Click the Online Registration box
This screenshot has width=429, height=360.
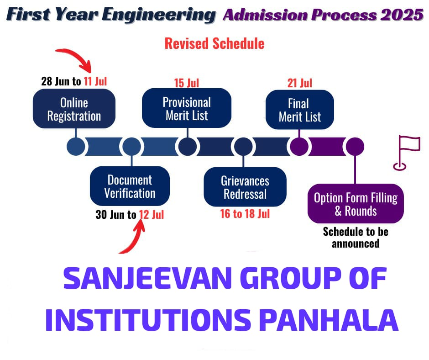[x=74, y=109]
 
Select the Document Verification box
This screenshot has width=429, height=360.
[x=130, y=186]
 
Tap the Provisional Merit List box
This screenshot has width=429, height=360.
[x=187, y=108]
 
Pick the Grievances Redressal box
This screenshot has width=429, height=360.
[x=245, y=187]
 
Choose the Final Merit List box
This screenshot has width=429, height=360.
[x=299, y=110]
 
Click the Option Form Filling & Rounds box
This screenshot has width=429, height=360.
[x=356, y=204]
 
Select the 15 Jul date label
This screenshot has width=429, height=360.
[x=187, y=83]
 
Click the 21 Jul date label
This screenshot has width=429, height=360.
[x=299, y=83]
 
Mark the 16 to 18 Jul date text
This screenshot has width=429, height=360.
[x=245, y=214]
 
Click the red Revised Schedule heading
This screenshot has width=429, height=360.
[x=214, y=43]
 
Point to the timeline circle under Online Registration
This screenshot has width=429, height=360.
[x=76, y=147]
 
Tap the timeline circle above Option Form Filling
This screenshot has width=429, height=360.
[x=355, y=147]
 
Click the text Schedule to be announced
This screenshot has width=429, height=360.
[x=356, y=238]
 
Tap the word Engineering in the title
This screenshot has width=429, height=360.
[x=159, y=15]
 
